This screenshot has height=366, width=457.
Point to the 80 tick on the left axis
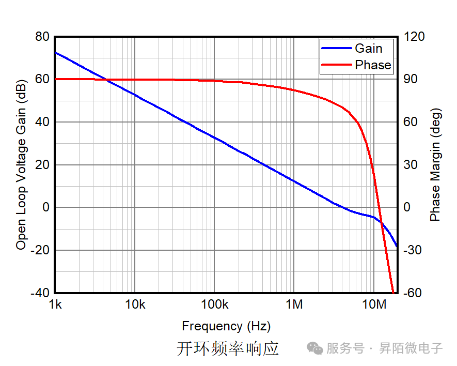42,37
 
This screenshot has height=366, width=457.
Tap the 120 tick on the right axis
414,37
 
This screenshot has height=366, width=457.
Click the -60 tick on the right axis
414,293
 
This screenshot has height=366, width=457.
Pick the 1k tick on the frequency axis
55,304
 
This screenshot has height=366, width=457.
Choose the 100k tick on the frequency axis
214,304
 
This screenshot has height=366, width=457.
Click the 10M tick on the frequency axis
373,304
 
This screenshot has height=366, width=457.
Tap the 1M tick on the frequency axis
294,304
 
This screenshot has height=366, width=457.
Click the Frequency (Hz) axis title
226,326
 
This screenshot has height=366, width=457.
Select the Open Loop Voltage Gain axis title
21,164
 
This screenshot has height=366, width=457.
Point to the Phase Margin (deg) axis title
435,164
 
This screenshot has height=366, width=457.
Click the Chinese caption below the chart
228,348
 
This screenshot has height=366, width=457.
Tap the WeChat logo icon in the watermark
315,348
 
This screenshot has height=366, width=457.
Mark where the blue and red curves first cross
105,79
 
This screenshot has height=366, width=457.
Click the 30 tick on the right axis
411,165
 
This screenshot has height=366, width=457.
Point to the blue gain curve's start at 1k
56,52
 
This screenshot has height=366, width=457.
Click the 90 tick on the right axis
411,79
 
